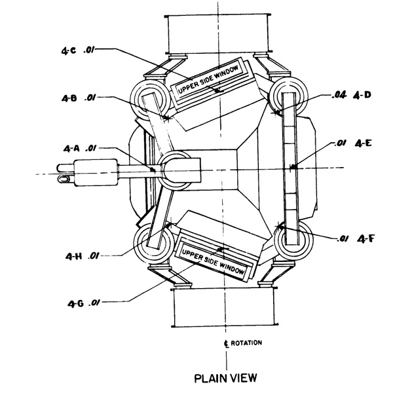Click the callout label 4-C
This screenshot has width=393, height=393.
tap(68, 51)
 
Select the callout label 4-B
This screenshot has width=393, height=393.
tap(69, 98)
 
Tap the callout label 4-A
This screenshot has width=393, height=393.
tap(71, 149)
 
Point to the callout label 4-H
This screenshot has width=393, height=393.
tap(73, 256)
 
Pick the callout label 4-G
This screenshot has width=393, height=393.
tap(76, 304)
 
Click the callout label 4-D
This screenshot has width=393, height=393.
tap(362, 95)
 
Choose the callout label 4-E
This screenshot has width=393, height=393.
tap(363, 143)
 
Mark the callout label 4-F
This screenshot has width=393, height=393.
tap(365, 239)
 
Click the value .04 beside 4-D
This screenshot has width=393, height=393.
tap(339, 95)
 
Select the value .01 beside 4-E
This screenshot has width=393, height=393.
tap(341, 143)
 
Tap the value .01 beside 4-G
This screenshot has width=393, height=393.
tap(94, 303)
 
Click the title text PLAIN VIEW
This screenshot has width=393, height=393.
tap(226, 378)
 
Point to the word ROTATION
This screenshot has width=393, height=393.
tap(246, 343)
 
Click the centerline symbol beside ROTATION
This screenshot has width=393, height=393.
tap(226, 344)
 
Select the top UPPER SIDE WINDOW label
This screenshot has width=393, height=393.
tap(208, 80)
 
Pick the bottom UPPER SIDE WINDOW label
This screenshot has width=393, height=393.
tap(213, 261)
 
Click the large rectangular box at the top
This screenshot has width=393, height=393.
tap(218, 34)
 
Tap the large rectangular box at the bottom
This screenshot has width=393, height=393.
tap(225, 308)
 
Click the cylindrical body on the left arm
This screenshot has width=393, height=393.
tap(96, 172)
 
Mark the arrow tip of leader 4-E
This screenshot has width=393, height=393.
tap(292, 166)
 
